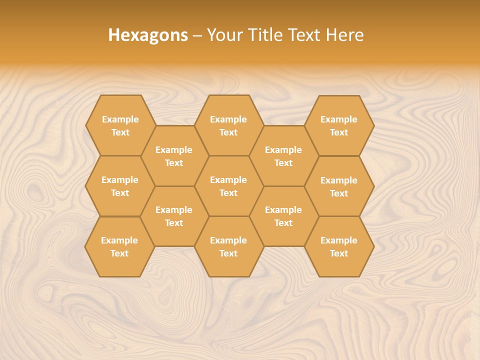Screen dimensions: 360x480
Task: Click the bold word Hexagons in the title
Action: coord(148,35)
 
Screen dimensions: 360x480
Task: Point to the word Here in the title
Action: coord(345,35)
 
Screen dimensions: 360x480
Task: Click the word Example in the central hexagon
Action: coord(228,180)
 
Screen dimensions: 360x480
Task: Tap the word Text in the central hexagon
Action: coord(228,193)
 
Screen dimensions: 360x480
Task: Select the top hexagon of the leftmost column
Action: coord(120,125)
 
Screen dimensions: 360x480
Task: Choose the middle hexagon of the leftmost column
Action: coord(120,186)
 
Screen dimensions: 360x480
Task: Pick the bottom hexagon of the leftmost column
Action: coord(119,246)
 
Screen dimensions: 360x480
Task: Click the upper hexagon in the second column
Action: coord(174,156)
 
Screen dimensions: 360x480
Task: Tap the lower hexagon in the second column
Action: coord(174,216)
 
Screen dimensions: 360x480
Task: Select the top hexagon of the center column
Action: coord(228,125)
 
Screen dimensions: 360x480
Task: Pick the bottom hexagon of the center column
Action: coord(228,246)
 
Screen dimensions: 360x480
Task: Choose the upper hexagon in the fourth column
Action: coord(283,156)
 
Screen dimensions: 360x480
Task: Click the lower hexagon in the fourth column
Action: coord(283,216)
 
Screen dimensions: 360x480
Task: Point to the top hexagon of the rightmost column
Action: coord(339,125)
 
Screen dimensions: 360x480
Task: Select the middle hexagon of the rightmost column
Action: coord(339,186)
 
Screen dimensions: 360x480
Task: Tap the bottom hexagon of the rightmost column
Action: coord(339,246)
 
